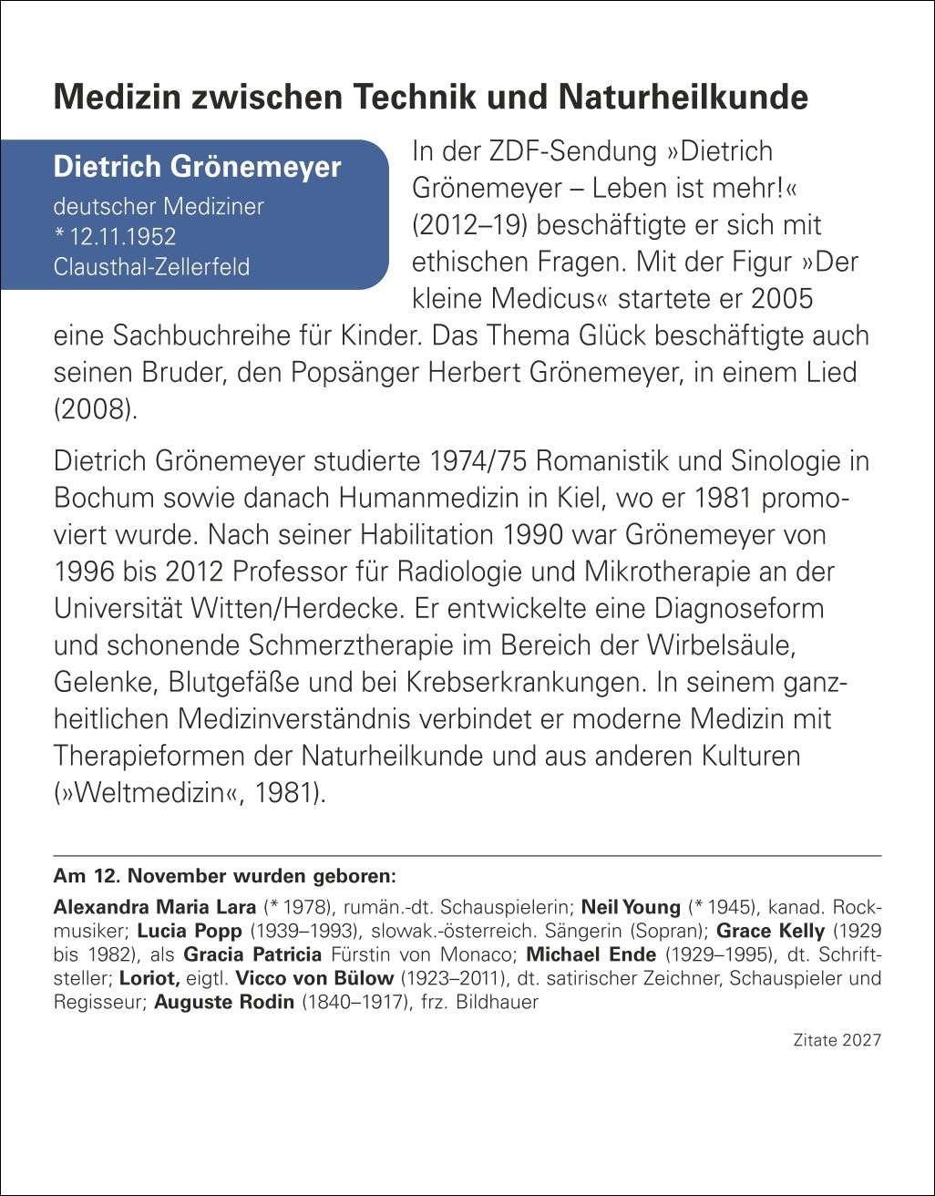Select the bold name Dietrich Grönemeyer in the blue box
(198, 167)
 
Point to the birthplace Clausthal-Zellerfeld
(151, 268)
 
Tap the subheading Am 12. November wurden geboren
(225, 877)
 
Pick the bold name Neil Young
(631, 907)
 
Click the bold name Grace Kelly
(771, 932)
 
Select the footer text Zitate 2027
(837, 1040)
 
